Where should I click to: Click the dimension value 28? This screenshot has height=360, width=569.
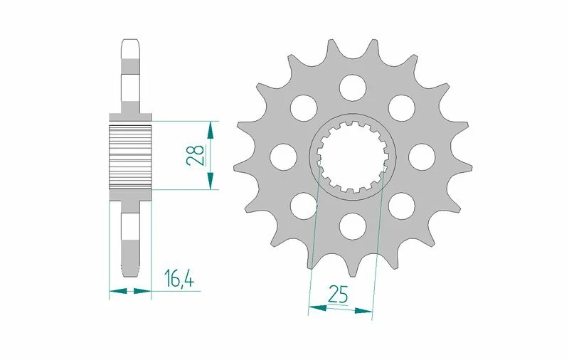click(196, 155)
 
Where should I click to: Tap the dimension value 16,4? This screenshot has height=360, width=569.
click(179, 278)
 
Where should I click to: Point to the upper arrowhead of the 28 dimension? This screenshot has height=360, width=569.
click(210, 129)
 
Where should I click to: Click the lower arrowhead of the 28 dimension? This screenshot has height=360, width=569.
click(210, 182)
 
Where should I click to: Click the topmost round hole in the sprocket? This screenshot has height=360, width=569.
click(351, 87)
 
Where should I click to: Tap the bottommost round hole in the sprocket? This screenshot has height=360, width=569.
click(351, 226)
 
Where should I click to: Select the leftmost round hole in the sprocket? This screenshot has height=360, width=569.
click(282, 157)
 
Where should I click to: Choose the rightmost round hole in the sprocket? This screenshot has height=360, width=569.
click(420, 157)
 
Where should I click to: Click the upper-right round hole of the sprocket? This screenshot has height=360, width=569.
click(400, 107)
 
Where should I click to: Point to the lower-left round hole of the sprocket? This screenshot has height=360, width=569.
click(302, 206)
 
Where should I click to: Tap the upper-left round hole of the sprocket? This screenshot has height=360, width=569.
click(302, 107)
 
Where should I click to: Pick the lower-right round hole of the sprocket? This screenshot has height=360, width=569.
click(400, 206)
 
